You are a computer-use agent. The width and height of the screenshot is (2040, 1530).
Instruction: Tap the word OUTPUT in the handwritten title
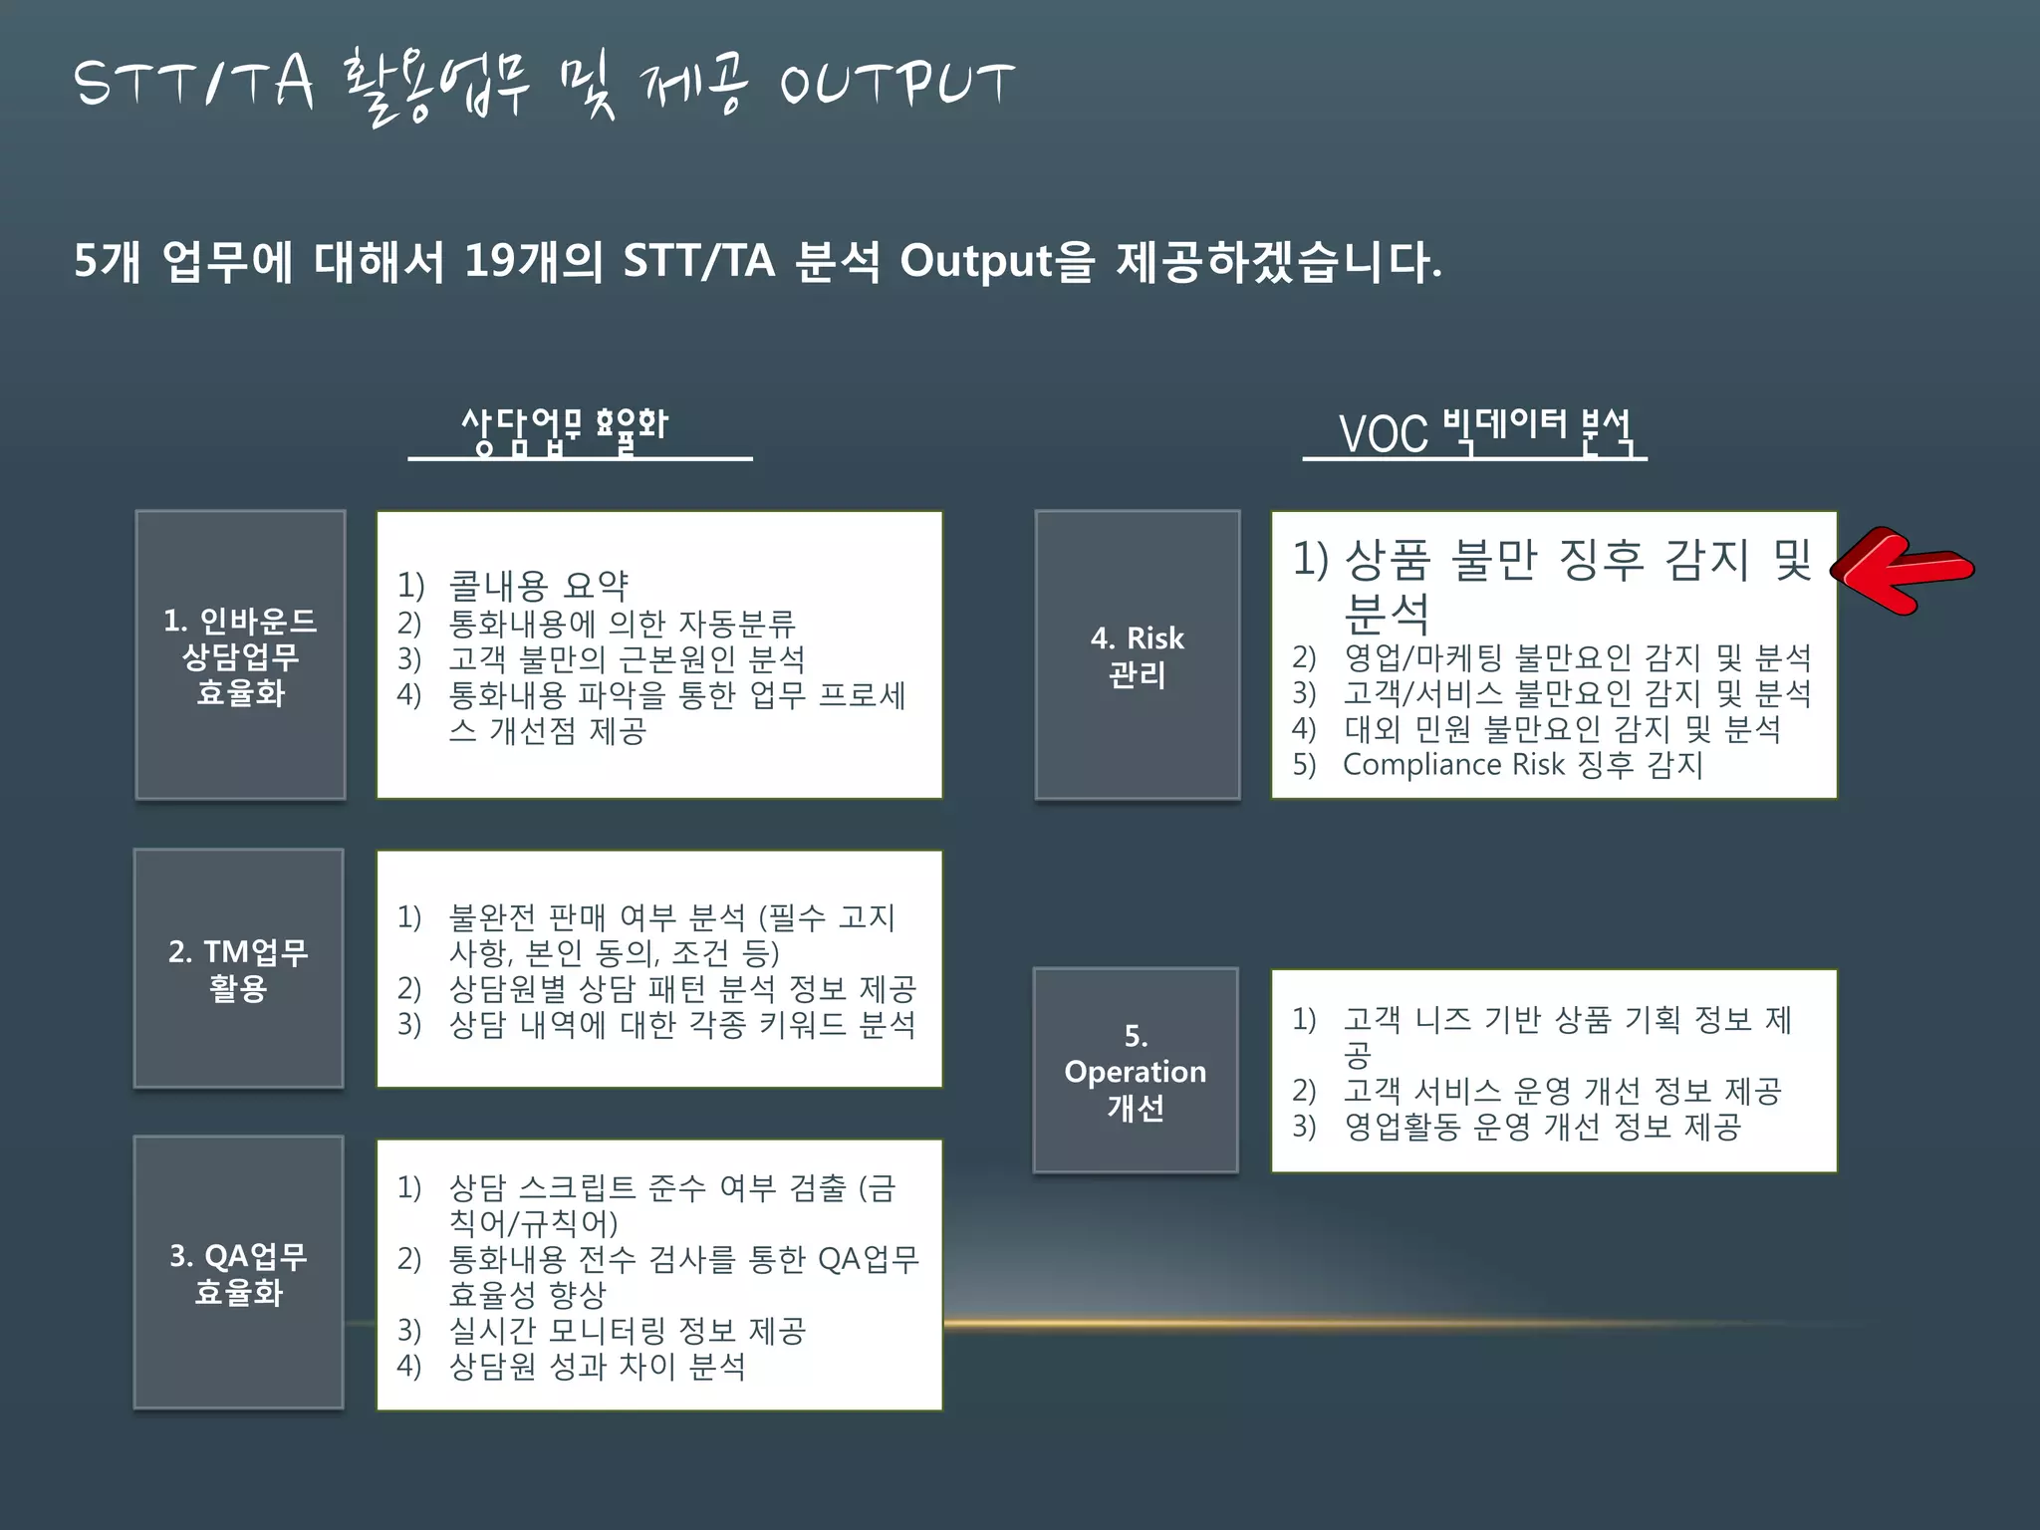(896, 84)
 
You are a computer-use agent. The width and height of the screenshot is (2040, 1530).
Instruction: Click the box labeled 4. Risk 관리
(1137, 654)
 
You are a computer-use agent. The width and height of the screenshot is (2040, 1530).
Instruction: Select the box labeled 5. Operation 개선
(1136, 1071)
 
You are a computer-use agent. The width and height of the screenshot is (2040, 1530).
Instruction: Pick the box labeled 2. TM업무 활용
(239, 968)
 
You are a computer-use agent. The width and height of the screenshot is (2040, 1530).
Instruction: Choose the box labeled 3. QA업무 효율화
(239, 1272)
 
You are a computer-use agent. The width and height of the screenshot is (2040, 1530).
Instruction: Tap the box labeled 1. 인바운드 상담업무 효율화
(240, 654)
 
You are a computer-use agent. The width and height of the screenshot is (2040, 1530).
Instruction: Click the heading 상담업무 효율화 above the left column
(565, 429)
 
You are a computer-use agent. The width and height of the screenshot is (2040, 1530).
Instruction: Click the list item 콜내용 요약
(538, 586)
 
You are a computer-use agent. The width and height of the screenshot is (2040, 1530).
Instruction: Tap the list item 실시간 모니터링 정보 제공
(628, 1330)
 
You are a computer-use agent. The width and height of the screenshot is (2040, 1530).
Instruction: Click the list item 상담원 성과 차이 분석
(597, 1366)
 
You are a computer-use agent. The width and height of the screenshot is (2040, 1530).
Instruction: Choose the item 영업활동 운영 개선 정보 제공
(1542, 1127)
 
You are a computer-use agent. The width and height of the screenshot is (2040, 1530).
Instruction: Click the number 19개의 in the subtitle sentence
(534, 262)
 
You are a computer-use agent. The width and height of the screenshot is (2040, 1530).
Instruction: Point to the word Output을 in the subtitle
(997, 262)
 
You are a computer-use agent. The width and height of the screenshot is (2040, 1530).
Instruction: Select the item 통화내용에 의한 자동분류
(622, 623)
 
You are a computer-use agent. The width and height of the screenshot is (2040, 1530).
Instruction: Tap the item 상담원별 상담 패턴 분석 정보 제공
(682, 988)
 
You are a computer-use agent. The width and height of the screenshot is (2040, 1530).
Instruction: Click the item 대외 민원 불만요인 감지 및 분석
(1561, 729)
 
